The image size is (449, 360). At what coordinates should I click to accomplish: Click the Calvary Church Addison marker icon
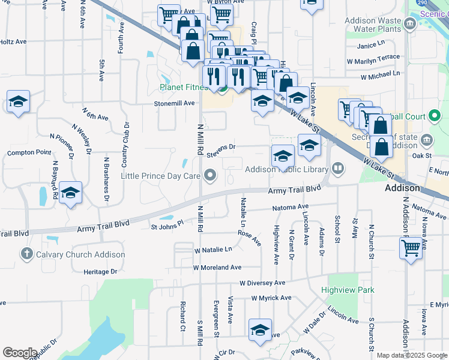(x=26, y=254)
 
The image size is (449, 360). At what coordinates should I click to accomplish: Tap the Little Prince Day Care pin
(x=209, y=176)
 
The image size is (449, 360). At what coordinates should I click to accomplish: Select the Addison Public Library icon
(x=338, y=169)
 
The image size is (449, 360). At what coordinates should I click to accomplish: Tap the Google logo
(x=20, y=353)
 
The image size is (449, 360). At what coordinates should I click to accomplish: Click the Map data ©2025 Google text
(x=412, y=355)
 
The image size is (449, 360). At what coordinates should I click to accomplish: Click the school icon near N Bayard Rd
(x=71, y=193)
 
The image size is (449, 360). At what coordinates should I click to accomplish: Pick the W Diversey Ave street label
(x=262, y=283)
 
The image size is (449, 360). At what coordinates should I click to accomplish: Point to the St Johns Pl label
(x=167, y=227)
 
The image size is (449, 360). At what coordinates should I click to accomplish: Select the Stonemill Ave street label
(x=175, y=103)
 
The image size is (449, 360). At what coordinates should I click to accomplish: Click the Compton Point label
(x=29, y=153)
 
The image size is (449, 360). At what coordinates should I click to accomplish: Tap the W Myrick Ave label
(x=271, y=298)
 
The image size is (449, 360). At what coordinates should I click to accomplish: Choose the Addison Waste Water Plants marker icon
(x=411, y=25)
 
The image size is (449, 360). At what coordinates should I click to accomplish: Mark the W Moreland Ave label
(x=217, y=268)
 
